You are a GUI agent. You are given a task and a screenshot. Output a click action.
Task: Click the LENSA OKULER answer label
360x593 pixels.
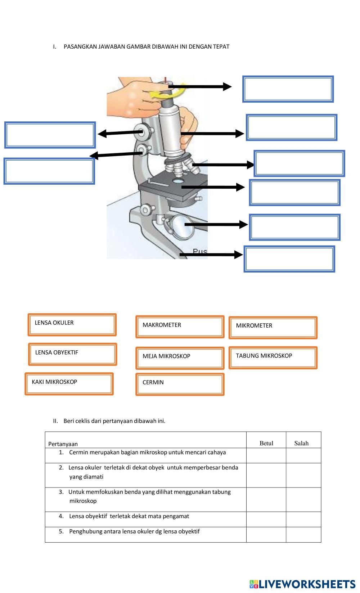(72, 324)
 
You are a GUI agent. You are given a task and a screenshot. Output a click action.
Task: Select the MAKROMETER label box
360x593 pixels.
(180, 327)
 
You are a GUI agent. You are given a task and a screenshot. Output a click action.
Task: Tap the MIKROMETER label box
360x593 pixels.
(273, 327)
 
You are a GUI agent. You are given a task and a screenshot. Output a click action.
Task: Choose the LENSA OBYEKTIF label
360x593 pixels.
(72, 354)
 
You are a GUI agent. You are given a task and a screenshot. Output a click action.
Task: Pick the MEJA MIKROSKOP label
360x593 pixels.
(180, 358)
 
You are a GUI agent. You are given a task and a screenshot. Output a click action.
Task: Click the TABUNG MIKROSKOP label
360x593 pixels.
(273, 358)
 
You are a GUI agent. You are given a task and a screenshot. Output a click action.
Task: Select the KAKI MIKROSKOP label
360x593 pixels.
(69, 384)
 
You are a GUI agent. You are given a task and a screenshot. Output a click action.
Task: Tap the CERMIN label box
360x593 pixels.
(180, 384)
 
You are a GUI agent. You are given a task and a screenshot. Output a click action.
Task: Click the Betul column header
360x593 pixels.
(266, 443)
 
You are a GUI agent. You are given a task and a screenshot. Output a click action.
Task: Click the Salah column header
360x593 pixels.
(301, 443)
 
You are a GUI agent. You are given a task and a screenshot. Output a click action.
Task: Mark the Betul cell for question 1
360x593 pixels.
(266, 455)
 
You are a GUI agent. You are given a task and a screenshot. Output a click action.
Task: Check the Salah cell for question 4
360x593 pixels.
(303, 519)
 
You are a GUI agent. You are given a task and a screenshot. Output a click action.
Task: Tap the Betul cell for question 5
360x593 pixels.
(266, 535)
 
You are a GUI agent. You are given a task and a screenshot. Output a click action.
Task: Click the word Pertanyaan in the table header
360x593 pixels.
(63, 444)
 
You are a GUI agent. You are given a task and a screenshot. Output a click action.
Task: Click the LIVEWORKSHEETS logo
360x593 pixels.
(302, 584)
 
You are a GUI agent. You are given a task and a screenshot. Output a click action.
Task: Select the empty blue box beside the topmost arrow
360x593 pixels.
(288, 89)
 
